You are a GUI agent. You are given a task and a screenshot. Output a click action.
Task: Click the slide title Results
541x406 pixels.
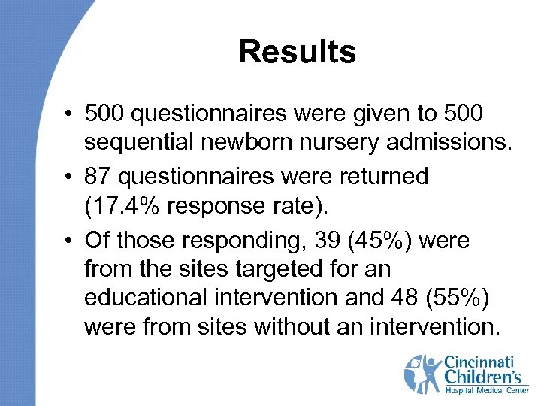pyautogui.click(x=297, y=52)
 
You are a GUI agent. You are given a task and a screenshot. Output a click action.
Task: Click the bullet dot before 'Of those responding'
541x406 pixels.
pyautogui.click(x=67, y=241)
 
